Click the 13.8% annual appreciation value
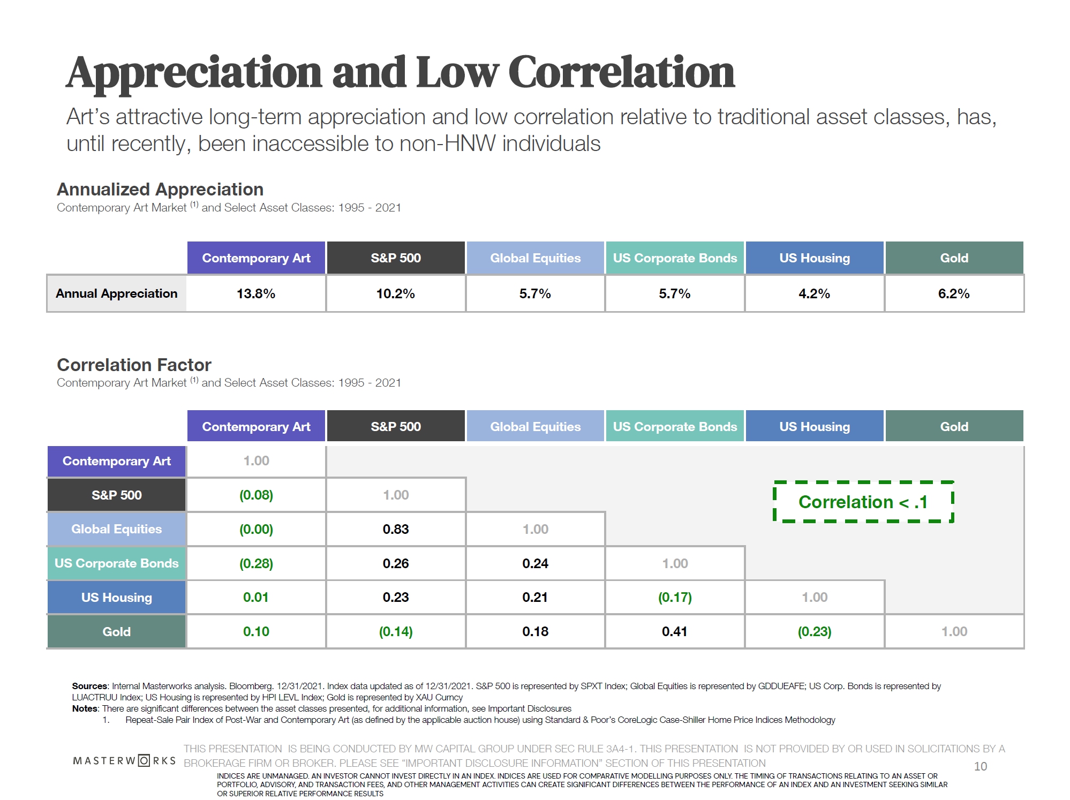coord(256,293)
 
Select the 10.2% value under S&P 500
coord(395,293)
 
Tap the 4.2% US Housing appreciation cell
coord(814,293)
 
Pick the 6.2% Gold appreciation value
coord(954,293)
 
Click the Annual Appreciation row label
coord(116,293)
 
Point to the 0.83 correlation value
coord(396,529)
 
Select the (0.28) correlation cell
coord(256,563)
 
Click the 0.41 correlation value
coord(674,631)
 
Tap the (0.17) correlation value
coord(675,597)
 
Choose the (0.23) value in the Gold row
coord(815,631)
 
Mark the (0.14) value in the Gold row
coord(396,631)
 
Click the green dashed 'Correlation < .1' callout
coord(863,502)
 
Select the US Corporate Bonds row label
coord(116,563)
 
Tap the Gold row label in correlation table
coord(116,631)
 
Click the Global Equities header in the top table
coord(535,258)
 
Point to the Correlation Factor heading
coord(134,365)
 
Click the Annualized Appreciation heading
coord(160,189)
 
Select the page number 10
coord(980,766)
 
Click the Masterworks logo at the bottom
coord(124,760)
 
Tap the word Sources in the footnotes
coord(89,686)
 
